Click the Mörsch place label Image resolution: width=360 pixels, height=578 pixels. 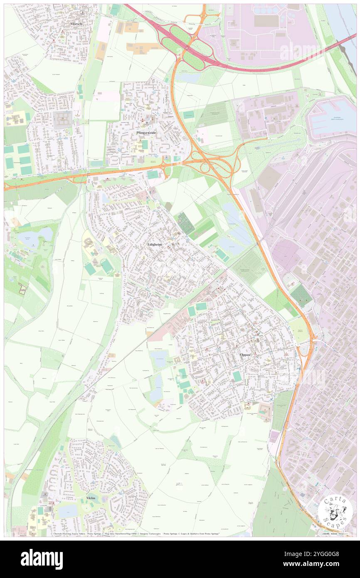[x=75, y=24]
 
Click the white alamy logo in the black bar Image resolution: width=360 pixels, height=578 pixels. [x=42, y=559]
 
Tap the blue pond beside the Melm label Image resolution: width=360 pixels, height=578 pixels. [x=68, y=511]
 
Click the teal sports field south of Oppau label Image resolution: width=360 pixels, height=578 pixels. [x=237, y=376]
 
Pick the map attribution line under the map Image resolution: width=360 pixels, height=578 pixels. [x=137, y=534]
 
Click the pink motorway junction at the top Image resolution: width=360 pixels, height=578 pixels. [x=183, y=42]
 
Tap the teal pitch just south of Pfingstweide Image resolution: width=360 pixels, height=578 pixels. [x=153, y=175]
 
